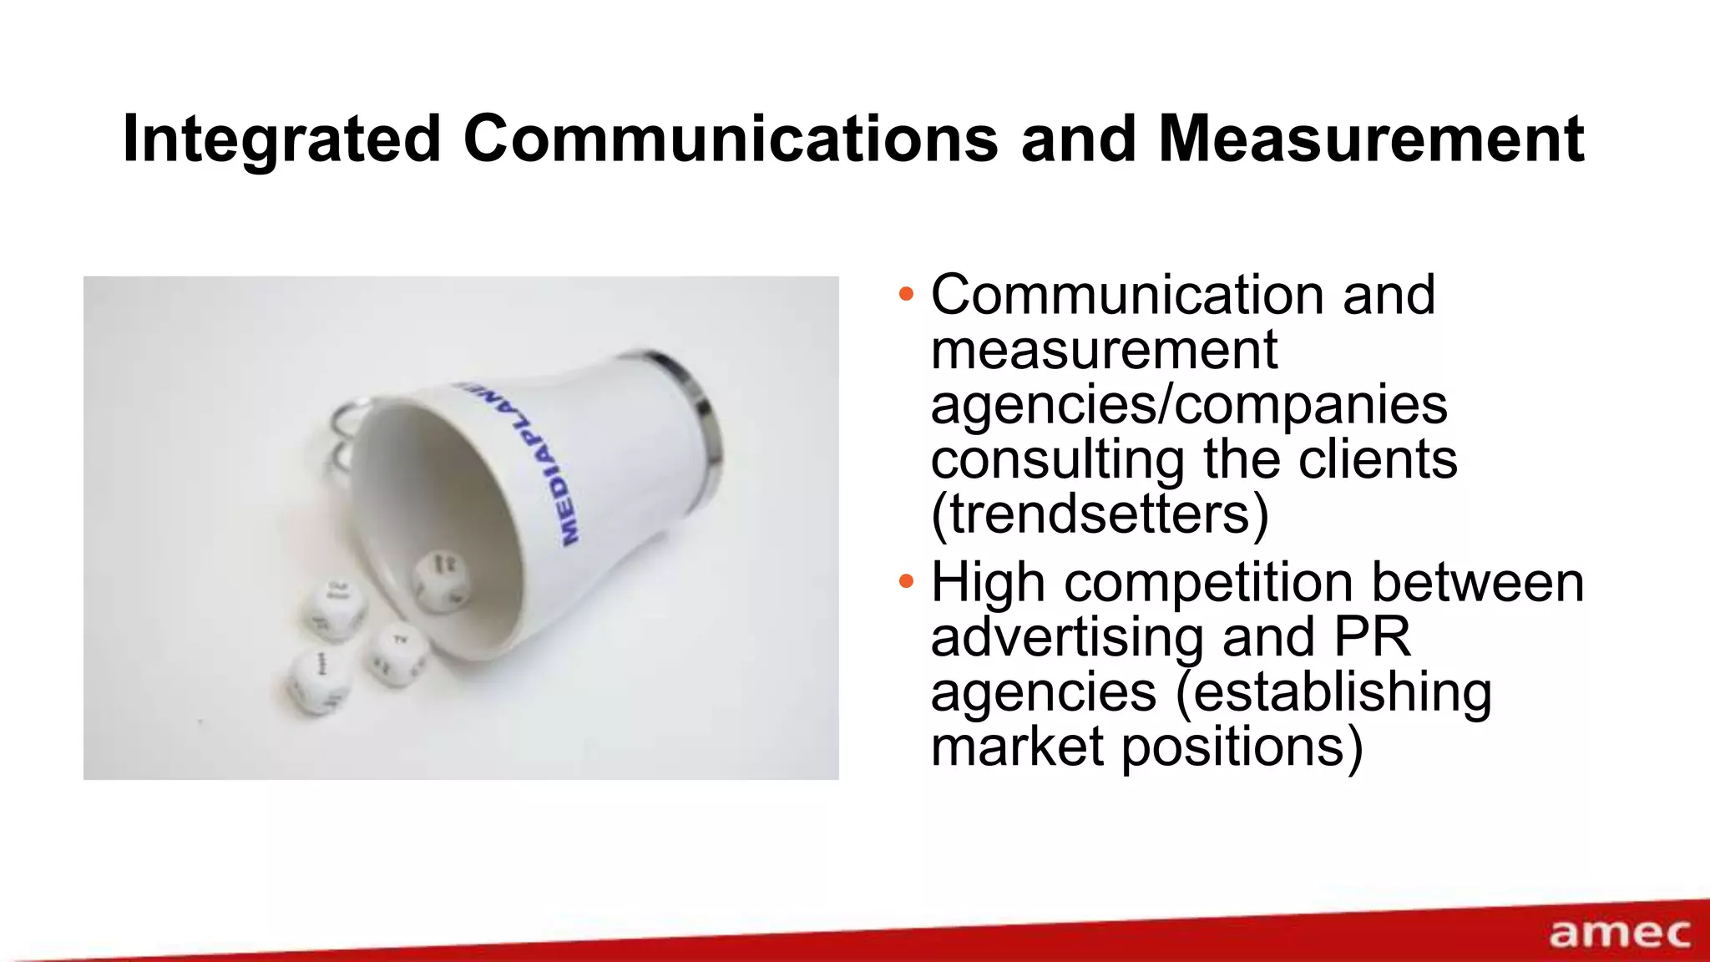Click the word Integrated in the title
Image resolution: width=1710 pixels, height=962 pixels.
[281, 139]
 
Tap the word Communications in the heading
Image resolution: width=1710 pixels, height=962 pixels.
[730, 139]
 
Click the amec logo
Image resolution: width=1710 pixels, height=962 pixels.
[1619, 934]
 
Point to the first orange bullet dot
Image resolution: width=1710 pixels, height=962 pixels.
[906, 295]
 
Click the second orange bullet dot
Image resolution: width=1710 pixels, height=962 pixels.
[906, 582]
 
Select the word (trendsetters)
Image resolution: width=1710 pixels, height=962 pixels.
[1100, 514]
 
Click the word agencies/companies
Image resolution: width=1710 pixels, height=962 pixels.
[1188, 404]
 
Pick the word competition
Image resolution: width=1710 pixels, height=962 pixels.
[1208, 582]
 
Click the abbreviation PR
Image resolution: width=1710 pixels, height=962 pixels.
[1372, 636]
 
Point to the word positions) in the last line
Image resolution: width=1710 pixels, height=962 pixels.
[1242, 746]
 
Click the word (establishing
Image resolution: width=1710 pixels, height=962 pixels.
[1333, 691]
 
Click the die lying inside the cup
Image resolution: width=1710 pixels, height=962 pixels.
[440, 579]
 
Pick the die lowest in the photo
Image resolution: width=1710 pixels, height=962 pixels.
[319, 680]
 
